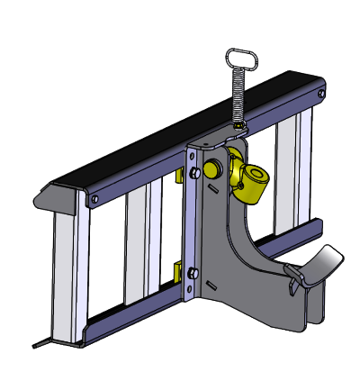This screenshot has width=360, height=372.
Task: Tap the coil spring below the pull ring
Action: tap(240, 99)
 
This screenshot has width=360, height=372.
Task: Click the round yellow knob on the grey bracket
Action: tap(214, 168)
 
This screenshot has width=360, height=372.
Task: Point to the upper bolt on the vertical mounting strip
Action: tap(191, 172)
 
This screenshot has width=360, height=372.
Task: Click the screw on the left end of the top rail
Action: tap(94, 196)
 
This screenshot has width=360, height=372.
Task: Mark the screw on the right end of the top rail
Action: tap(321, 92)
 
